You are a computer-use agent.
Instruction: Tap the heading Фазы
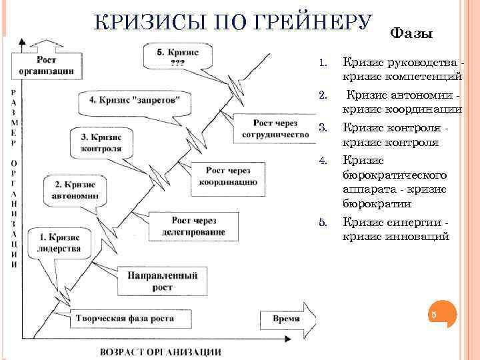(411, 33)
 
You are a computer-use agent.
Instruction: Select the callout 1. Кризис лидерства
(60, 243)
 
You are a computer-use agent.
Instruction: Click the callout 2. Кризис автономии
(74, 190)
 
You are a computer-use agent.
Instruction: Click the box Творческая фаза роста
(125, 318)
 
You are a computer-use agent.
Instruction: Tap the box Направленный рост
(157, 281)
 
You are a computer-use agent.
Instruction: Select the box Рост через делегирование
(198, 227)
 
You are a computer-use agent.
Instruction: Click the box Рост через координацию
(228, 175)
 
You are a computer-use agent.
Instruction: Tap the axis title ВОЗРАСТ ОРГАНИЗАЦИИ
(161, 351)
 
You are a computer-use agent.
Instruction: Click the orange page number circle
(433, 314)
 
